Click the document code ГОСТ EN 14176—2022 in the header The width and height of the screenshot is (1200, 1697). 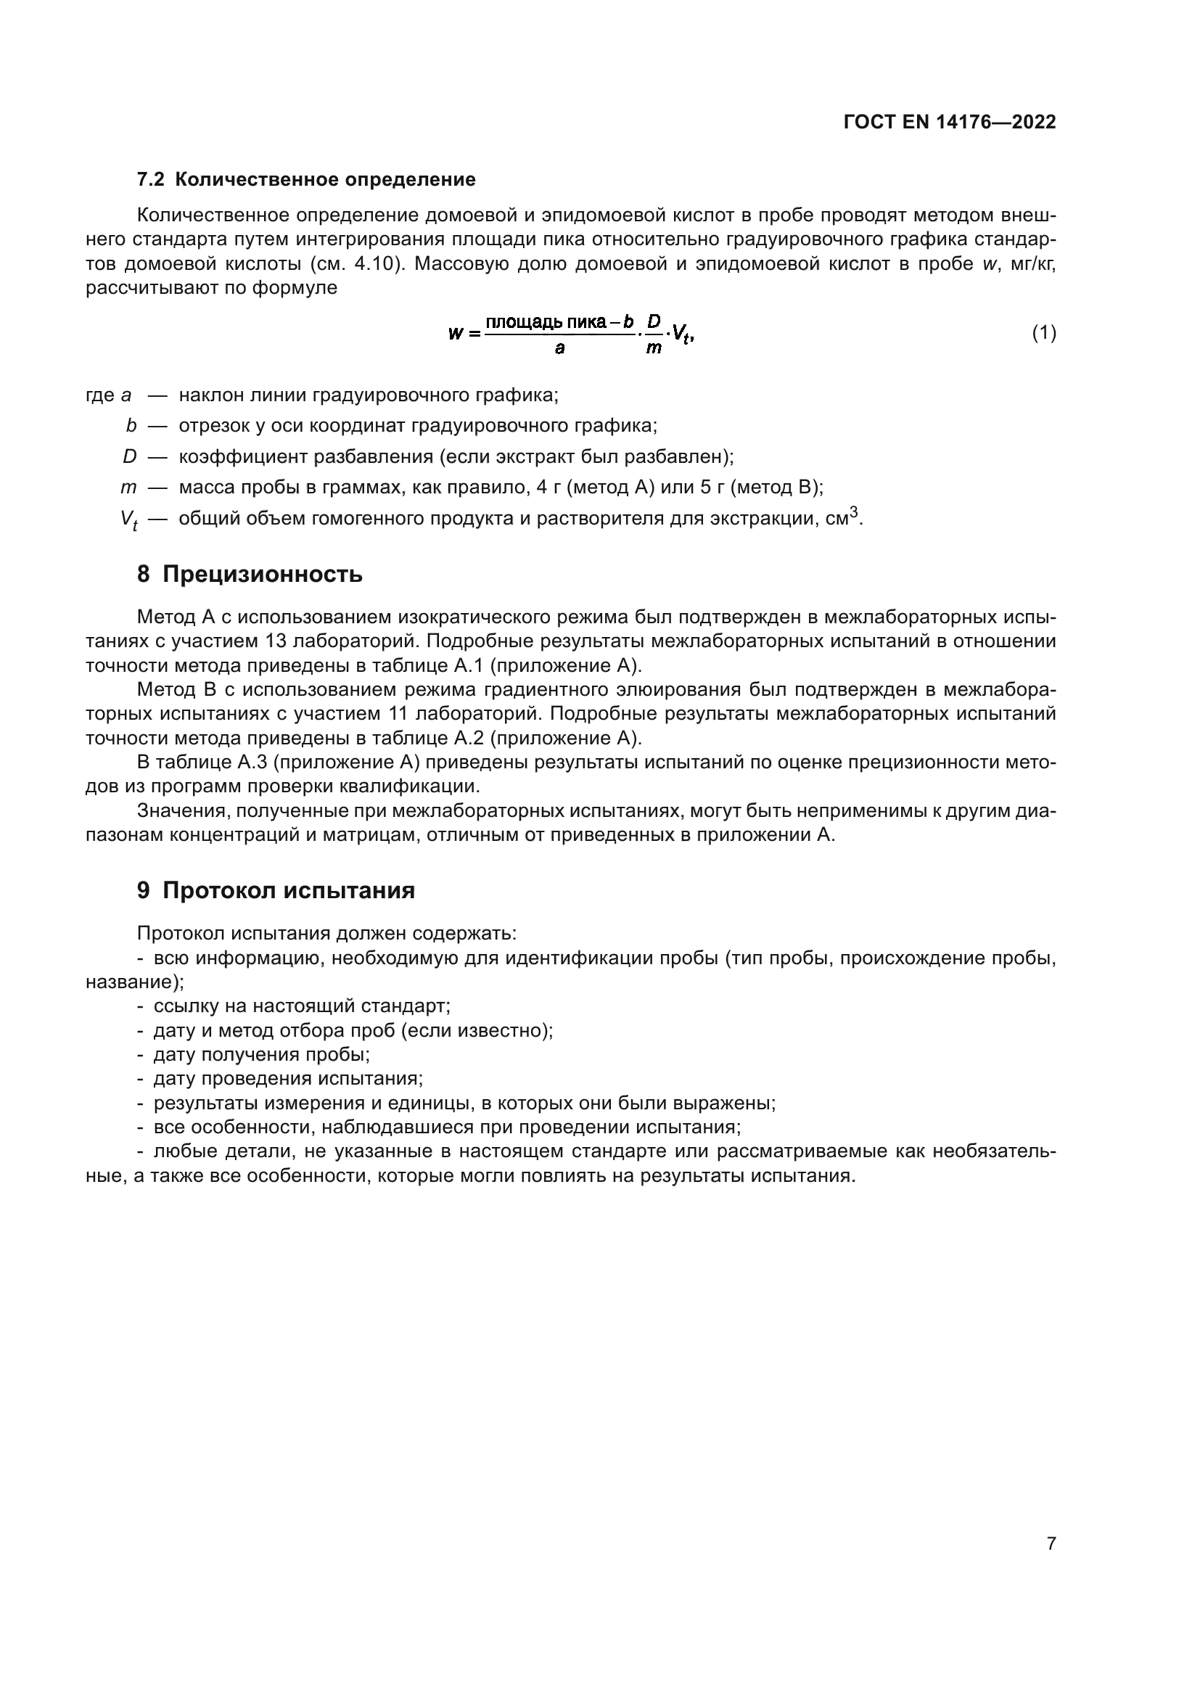tap(949, 122)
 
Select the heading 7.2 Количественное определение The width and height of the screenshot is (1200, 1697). tap(306, 180)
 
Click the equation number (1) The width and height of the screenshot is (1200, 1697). tap(1043, 333)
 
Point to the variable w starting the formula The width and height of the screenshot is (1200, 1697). tap(455, 333)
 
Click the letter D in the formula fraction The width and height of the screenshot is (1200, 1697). tap(653, 321)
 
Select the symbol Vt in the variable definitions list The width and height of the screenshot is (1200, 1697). tap(128, 520)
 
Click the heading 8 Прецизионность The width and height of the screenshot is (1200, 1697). tap(250, 574)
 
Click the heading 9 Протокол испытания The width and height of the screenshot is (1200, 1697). tap(276, 891)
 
